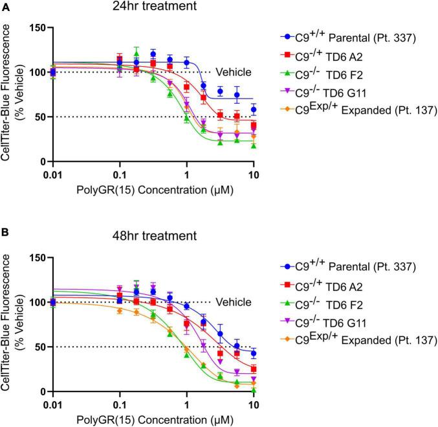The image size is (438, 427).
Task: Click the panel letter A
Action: pos(6,6)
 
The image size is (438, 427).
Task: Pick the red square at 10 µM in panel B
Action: pos(254,369)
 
